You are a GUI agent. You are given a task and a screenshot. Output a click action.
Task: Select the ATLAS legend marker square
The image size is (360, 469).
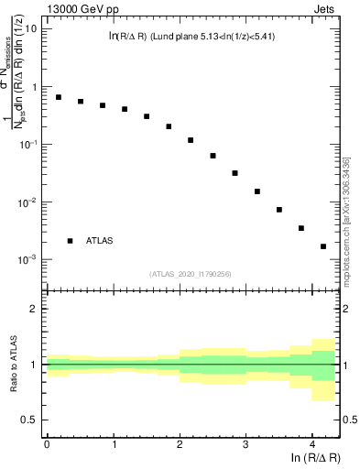tap(70, 241)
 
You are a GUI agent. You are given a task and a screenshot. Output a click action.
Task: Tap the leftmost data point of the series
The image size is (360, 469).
tap(59, 97)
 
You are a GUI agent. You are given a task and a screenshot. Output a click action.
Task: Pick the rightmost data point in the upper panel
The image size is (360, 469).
tap(323, 246)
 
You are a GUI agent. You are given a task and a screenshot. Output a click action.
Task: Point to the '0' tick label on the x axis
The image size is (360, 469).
tap(47, 444)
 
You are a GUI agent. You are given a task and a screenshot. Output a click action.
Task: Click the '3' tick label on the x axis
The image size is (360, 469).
tap(245, 444)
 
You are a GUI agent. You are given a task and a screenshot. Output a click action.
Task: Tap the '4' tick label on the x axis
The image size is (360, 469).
tap(312, 444)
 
